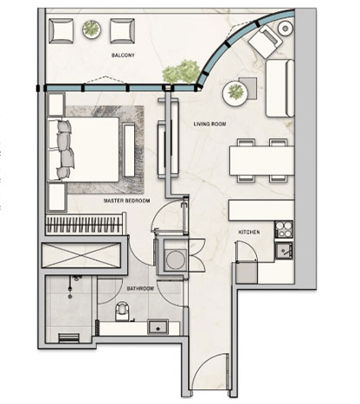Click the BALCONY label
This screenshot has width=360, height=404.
coord(123,55)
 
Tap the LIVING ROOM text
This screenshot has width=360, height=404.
coord(209,124)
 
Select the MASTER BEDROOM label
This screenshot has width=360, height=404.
coord(127,201)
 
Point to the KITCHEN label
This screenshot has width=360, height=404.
coord(249,232)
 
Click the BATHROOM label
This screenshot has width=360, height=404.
coord(140,288)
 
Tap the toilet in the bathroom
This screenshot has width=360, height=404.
coord(123,311)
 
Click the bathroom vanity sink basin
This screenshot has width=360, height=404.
coord(157,327)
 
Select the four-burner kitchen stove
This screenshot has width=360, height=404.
coord(284,229)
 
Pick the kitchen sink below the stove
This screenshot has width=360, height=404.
coord(284,251)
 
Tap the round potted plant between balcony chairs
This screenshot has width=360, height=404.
coord(92,29)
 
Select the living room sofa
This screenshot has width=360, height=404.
coord(280,88)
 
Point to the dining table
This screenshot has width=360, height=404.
coord(261,161)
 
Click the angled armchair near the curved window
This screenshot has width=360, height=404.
coord(265,41)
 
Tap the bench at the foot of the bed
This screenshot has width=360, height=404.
coord(129,150)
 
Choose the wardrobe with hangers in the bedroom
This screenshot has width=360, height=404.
coord(86,224)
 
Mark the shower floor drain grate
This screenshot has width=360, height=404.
coord(68,337)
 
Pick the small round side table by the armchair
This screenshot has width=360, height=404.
coord(286,29)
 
